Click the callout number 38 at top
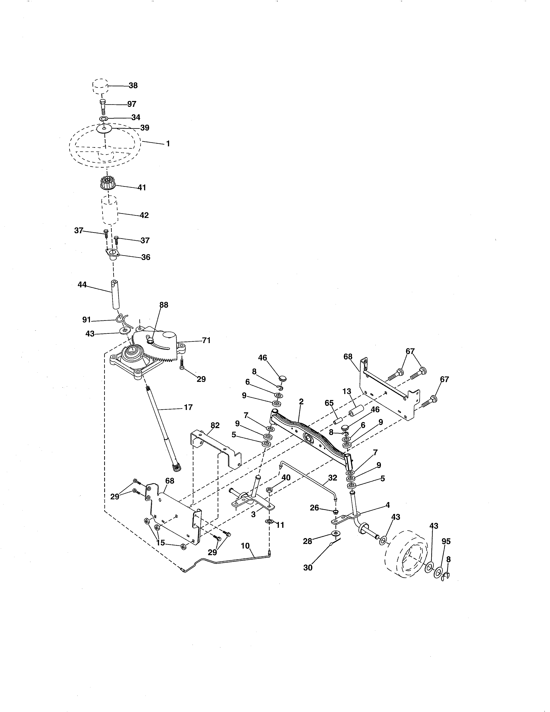click(x=133, y=85)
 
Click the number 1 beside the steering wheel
click(x=168, y=143)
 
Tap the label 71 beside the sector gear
click(x=206, y=340)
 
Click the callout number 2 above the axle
click(x=301, y=402)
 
